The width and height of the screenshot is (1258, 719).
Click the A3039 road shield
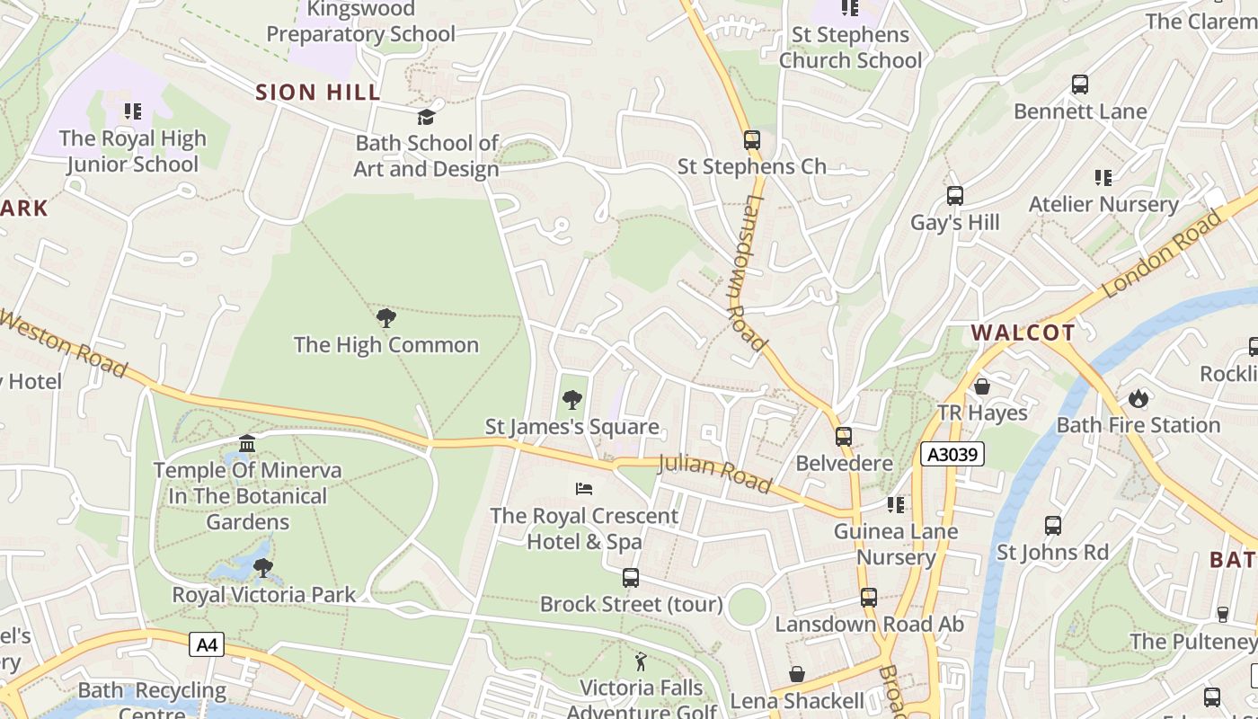click(x=952, y=455)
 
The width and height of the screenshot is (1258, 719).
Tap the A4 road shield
click(x=207, y=644)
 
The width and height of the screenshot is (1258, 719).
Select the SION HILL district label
click(x=318, y=92)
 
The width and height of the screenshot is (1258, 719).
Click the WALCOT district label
click(x=1023, y=333)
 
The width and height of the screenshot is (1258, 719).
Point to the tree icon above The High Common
click(x=386, y=317)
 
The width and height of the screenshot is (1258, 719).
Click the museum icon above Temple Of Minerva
click(x=247, y=443)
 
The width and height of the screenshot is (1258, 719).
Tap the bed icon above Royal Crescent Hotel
click(x=584, y=489)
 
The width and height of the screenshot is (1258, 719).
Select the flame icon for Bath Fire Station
click(x=1138, y=397)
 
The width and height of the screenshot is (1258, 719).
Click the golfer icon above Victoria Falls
click(x=641, y=662)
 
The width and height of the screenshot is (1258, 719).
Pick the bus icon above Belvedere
click(x=844, y=437)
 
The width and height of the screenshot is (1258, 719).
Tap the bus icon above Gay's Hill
click(x=955, y=195)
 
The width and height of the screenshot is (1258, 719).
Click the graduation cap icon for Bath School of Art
click(x=426, y=117)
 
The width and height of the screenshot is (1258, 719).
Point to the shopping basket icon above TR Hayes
click(x=982, y=386)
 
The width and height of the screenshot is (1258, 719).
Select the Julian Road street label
click(x=714, y=474)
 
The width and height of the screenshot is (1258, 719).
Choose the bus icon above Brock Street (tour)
click(x=631, y=577)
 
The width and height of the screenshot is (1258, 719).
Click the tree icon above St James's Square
click(x=571, y=400)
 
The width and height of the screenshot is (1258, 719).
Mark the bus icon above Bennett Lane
click(x=1080, y=84)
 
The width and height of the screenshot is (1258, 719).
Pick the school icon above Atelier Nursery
click(x=1103, y=178)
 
